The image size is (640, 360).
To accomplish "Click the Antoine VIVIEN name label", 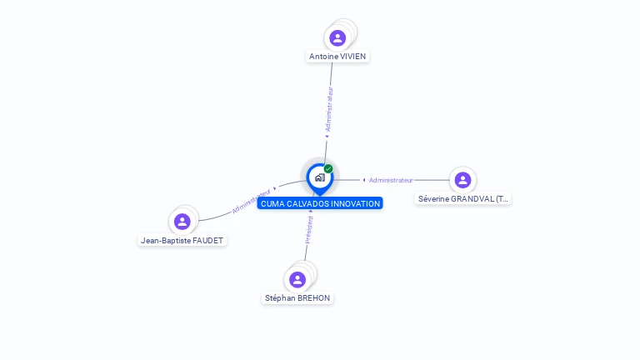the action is coord(337,57).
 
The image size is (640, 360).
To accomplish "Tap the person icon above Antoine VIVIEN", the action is coord(337,38).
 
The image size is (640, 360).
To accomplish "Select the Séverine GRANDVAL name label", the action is coord(462,199).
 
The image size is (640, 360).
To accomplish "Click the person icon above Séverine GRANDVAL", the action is coord(462,180).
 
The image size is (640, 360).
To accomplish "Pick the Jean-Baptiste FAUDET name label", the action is coord(182,240).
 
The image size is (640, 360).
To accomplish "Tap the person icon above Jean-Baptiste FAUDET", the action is coord(182,222).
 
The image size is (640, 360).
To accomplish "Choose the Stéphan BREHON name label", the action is coord(297,298).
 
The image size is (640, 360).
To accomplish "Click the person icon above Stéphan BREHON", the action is coord(297,280).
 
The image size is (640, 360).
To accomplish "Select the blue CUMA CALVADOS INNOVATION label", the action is coord(320,203).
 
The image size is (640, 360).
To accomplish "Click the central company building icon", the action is coord(319,177).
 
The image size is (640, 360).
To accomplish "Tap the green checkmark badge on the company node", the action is coord(328,168).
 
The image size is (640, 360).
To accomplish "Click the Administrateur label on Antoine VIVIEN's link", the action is coord(329,108).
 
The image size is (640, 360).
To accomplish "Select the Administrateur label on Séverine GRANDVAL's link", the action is coord(391,180).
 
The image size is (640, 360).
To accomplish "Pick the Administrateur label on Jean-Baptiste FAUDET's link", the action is coord(251,201).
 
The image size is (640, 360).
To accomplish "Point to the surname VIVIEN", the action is coord(352,57).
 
